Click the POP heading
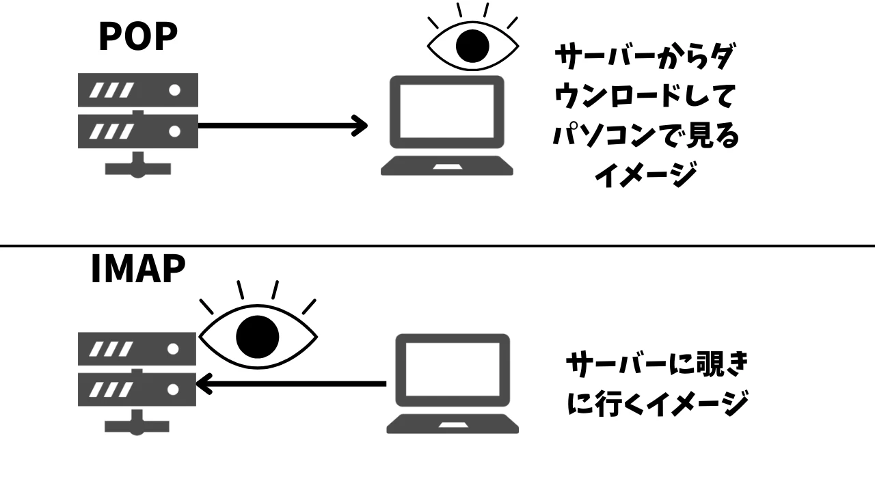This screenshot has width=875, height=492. [138, 36]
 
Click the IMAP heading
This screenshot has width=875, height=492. [138, 269]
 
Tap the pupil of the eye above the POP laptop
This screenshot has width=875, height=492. [472, 46]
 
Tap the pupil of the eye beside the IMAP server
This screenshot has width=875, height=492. [258, 337]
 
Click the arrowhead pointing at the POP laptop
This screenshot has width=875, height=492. [360, 125]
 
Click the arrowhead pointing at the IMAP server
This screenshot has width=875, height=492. [204, 384]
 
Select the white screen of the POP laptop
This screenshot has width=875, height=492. [447, 111]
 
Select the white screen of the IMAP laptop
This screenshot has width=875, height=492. [453, 369]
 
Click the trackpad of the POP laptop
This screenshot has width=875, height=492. [448, 167]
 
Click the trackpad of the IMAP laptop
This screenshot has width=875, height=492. [453, 425]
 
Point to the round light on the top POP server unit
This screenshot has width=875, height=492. [174, 90]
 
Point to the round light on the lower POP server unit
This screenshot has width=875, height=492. [174, 131]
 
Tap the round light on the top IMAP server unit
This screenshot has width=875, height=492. [173, 348]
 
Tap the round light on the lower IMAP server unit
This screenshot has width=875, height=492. [173, 389]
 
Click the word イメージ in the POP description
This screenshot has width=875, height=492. [646, 175]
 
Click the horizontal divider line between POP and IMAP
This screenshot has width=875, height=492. [437, 245]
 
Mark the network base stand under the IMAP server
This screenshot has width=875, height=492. [137, 423]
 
